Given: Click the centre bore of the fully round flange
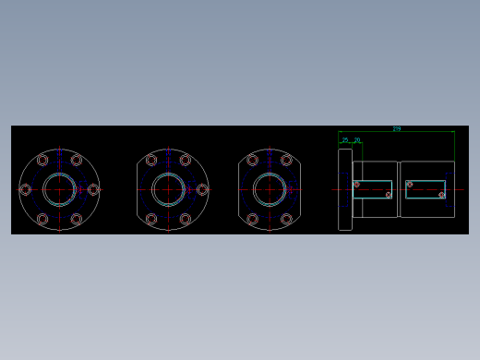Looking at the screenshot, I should [x=59, y=189].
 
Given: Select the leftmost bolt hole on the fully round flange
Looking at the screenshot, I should [x=25, y=189].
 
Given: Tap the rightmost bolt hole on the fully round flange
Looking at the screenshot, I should [x=93, y=189].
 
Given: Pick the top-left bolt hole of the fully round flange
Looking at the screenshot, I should [x=42, y=160].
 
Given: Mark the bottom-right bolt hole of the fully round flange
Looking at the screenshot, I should [x=77, y=219].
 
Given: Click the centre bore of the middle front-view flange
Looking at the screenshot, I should [x=168, y=189].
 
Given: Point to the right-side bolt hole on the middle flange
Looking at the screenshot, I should [x=202, y=189].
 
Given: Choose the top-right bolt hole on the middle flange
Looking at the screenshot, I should [x=186, y=160].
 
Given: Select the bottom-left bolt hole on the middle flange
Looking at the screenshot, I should [x=151, y=219].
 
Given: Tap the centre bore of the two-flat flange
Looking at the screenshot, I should [x=270, y=189].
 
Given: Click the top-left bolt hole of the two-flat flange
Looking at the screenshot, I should [x=252, y=160].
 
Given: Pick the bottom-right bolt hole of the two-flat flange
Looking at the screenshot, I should [x=286, y=219].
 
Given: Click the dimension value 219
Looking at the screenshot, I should [x=397, y=128].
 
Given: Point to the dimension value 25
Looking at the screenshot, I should [x=346, y=139].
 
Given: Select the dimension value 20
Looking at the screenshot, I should [x=357, y=139].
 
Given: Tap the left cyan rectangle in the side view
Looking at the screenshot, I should [x=373, y=189].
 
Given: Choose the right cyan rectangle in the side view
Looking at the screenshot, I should [x=426, y=189].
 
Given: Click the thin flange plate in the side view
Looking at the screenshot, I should [x=345, y=189].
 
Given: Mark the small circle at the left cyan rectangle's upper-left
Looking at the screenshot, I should [x=357, y=185].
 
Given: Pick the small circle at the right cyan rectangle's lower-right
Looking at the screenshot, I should [x=441, y=195].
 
